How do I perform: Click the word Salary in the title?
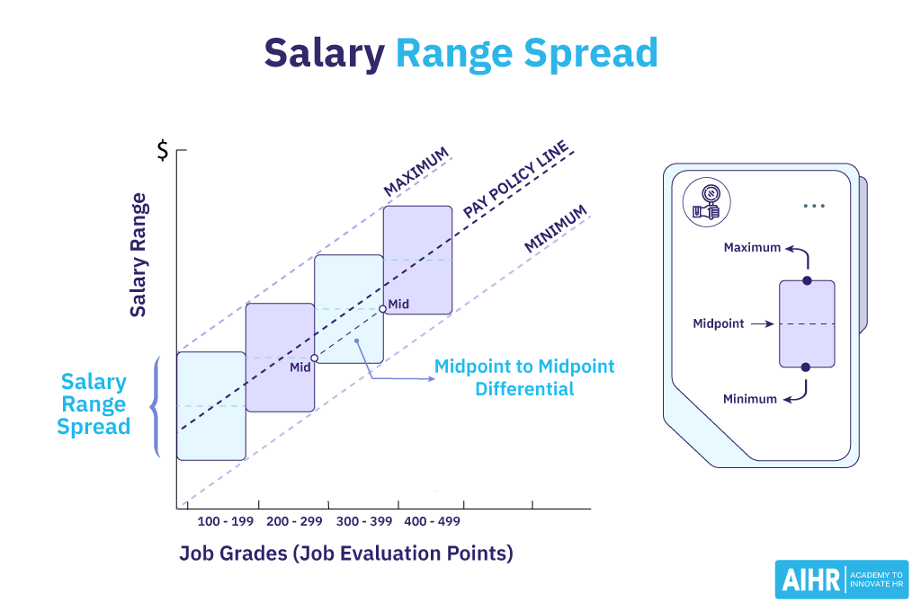[x=324, y=54]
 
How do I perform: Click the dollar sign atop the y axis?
[x=162, y=151]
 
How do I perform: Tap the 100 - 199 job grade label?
[x=226, y=522]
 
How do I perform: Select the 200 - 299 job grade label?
[x=295, y=522]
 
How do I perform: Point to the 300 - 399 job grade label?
[x=364, y=522]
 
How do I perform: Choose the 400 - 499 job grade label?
[x=434, y=522]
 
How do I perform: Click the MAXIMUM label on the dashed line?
[x=416, y=173]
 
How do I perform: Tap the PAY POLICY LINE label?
[x=516, y=179]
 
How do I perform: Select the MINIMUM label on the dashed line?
[x=556, y=229]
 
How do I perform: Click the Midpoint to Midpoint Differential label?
[x=524, y=377]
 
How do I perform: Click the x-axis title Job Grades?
[x=346, y=553]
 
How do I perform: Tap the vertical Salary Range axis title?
[x=139, y=255]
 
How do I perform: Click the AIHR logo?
[x=841, y=580]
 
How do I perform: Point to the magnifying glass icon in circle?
[x=706, y=202]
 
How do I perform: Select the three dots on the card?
[x=814, y=206]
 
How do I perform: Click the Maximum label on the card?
[x=752, y=247]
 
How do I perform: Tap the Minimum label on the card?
[x=750, y=399]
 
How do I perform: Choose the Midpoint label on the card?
[x=719, y=323]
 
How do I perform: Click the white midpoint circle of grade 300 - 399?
[x=314, y=358]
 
